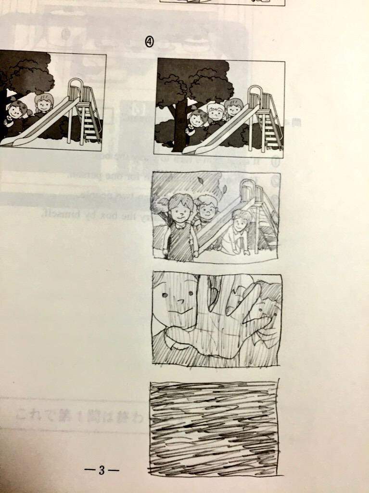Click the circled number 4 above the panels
click(x=149, y=43)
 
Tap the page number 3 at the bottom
click(x=101, y=470)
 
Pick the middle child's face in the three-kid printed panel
click(x=216, y=113)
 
